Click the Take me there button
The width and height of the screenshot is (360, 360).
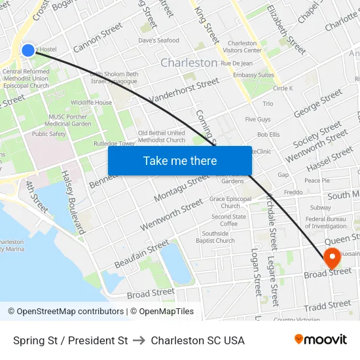pos(180,161)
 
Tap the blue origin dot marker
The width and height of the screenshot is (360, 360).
pos(27,50)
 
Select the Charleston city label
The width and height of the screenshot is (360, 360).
pos(189,63)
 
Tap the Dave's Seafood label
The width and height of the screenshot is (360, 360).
pos(158,41)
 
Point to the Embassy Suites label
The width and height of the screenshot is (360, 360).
pos(253,75)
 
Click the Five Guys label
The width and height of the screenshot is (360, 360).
pos(258,120)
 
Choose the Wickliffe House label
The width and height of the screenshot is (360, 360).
pos(92,103)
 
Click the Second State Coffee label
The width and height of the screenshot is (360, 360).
pos(228,221)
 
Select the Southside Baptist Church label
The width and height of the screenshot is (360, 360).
pos(215,237)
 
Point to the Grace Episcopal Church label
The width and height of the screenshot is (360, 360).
pos(230,202)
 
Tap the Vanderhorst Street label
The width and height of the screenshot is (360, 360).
pos(184,90)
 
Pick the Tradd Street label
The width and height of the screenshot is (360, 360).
pos(327,306)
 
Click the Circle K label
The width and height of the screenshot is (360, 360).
pos(283,88)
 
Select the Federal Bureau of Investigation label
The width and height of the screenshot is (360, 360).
pos(325,223)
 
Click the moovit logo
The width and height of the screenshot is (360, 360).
pos(321,340)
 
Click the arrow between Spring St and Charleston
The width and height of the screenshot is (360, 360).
pos(139,340)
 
